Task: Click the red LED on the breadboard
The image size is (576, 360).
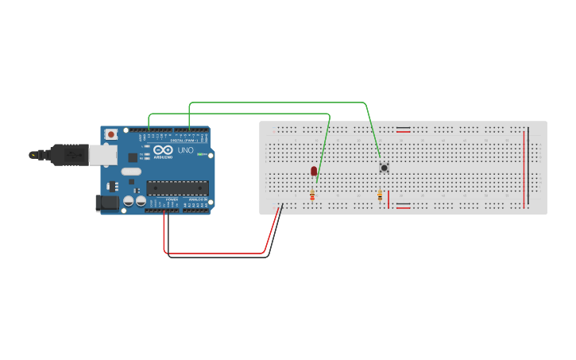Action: pos(314,171)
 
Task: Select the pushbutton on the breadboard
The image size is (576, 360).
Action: pos(384,168)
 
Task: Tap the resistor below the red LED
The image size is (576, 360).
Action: pos(312,195)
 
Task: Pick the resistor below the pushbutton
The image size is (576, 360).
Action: pos(380,195)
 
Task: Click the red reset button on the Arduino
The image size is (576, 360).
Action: pos(110,134)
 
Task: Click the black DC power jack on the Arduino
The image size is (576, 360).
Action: pos(105,203)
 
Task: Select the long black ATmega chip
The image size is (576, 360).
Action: pos(176,188)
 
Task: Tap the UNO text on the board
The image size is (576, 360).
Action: pos(184,150)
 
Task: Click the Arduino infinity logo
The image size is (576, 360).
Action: pos(164,150)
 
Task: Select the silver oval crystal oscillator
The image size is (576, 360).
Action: pos(131,171)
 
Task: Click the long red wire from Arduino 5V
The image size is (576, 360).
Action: pos(215,253)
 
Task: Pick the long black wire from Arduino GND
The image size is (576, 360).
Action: pos(218,257)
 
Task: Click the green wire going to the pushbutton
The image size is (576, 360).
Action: pos(278,103)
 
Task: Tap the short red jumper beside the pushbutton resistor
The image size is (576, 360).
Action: pos(389,199)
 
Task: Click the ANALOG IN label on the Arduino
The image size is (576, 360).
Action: pos(196,199)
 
